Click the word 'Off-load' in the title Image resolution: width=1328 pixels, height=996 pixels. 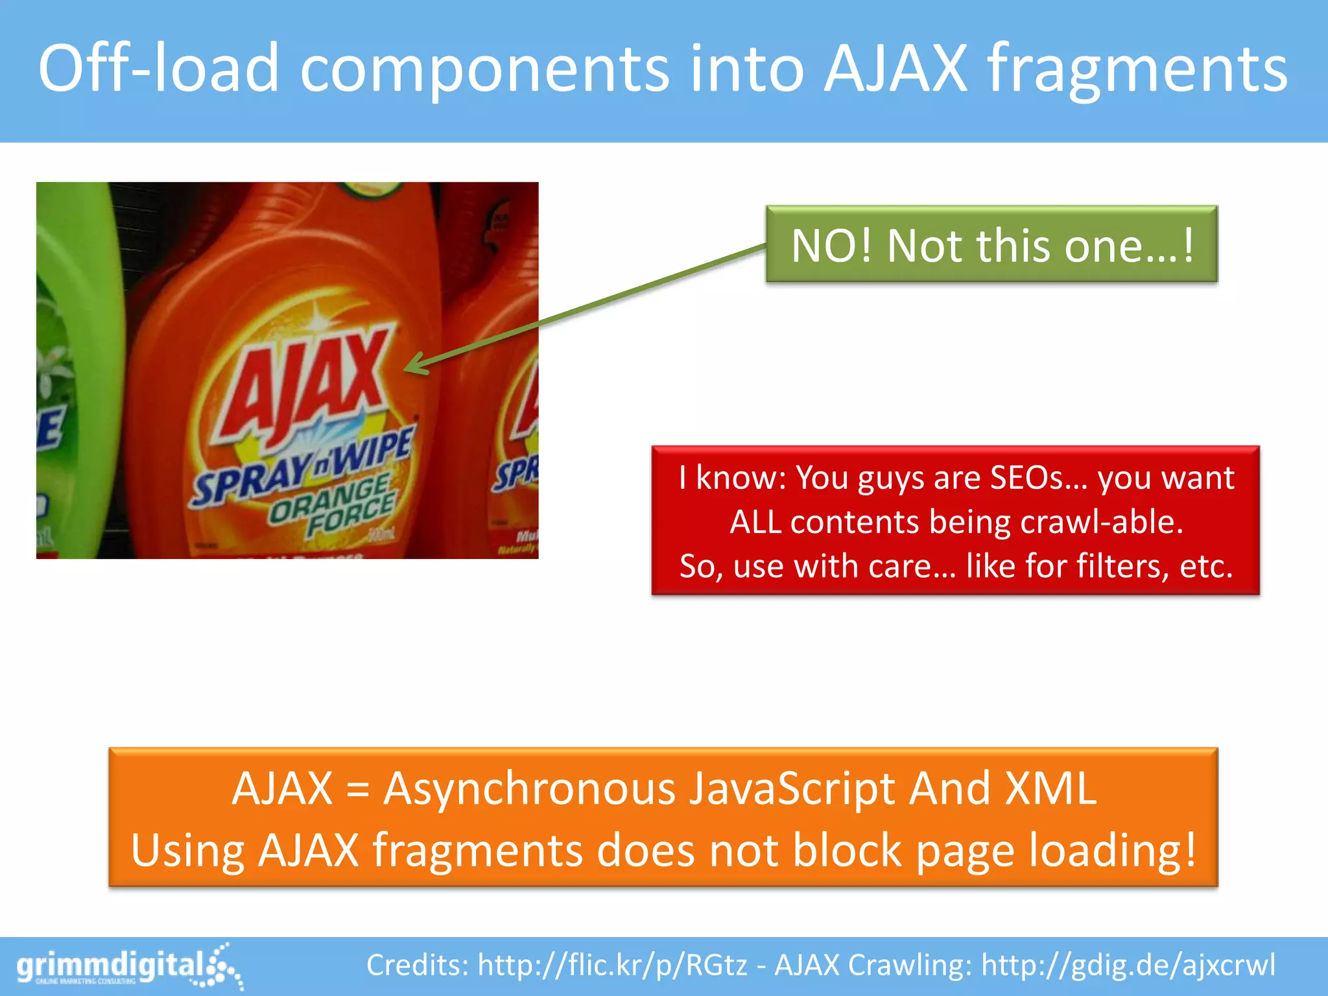point(159,68)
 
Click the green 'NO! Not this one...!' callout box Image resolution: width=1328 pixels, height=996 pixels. point(991,244)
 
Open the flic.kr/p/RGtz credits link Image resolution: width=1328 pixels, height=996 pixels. point(613,965)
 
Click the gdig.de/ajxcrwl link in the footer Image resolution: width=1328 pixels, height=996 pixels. point(1128,965)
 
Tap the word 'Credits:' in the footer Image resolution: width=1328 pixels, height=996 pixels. point(418,965)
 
